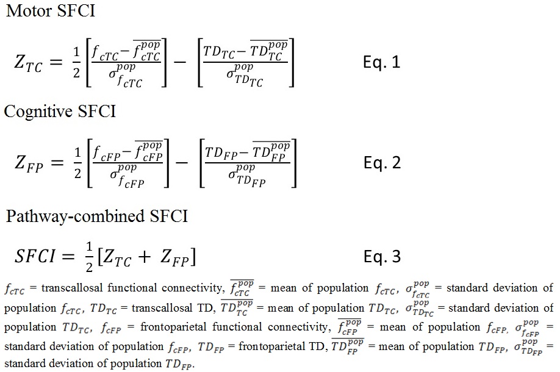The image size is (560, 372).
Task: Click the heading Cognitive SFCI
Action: tap(59, 111)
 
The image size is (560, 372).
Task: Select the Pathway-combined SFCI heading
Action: tap(97, 216)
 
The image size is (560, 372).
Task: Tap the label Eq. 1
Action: tap(382, 63)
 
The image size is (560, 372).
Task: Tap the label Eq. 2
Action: tap(382, 163)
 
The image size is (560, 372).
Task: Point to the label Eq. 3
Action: tap(382, 257)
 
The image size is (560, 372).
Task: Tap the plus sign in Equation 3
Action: tap(145, 257)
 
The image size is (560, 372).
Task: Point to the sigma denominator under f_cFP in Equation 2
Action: tap(126, 177)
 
